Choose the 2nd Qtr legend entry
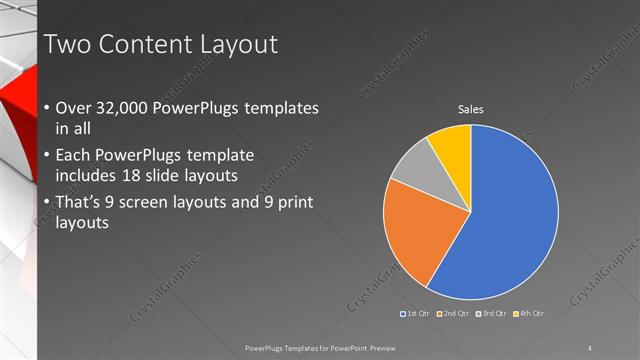[455, 314]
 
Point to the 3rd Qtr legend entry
[493, 314]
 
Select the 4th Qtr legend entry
[530, 314]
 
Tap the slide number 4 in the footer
[590, 347]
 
